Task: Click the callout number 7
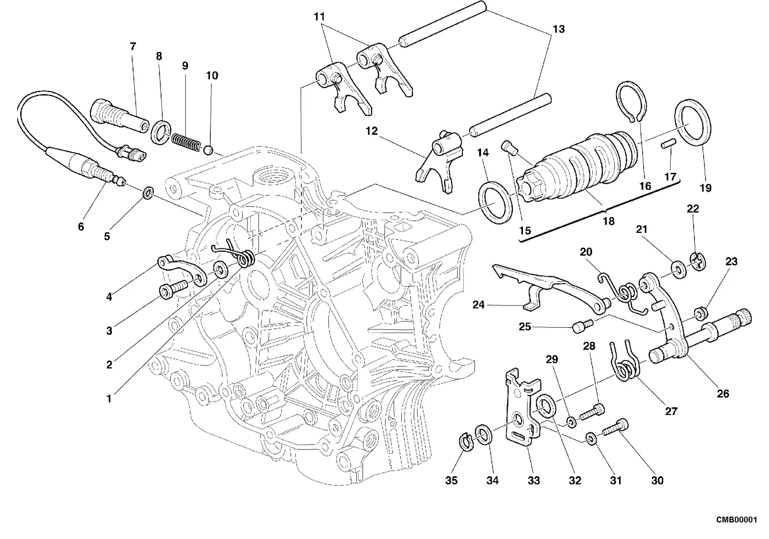133,46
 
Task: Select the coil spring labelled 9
186,142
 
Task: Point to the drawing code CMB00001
736,520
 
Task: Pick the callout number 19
706,188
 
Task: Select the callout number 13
558,29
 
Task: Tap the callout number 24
478,305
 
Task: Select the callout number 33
533,480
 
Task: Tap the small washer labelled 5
148,193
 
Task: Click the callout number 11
319,16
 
